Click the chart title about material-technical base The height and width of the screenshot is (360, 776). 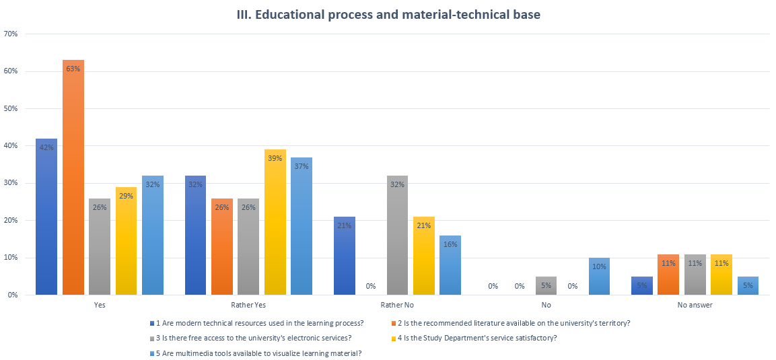click(x=388, y=15)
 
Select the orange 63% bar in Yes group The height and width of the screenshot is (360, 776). click(x=73, y=178)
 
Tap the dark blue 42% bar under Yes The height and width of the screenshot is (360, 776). click(x=46, y=217)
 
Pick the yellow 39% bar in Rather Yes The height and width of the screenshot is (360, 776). click(x=275, y=222)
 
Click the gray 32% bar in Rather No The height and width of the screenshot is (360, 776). click(x=397, y=236)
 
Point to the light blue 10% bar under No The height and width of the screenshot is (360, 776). click(x=599, y=277)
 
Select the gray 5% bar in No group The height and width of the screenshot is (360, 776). click(x=546, y=286)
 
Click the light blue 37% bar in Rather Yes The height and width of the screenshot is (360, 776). click(x=302, y=226)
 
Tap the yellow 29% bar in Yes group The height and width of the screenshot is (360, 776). click(x=127, y=241)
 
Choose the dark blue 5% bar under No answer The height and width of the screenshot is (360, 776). click(x=642, y=286)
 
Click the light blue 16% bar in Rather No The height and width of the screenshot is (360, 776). click(x=450, y=265)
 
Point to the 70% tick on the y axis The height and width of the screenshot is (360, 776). click(x=11, y=34)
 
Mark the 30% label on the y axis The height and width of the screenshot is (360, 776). click(x=11, y=183)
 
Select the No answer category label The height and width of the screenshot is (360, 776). click(x=695, y=305)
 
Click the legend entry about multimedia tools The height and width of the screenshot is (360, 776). click(x=260, y=353)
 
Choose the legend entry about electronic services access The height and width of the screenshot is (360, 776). click(x=253, y=338)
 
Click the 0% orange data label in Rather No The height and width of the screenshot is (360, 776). click(x=371, y=286)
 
